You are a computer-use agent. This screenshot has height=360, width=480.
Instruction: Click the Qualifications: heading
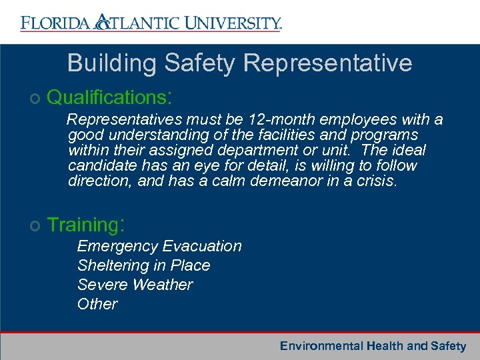[110, 97]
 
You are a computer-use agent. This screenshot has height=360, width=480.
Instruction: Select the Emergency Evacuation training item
[159, 246]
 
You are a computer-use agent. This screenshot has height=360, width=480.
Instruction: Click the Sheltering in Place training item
[143, 265]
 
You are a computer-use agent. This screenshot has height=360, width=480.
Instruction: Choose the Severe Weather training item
[135, 285]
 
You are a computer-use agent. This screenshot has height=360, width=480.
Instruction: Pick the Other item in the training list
[97, 304]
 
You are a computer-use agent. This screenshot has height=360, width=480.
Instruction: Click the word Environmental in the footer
[321, 346]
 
